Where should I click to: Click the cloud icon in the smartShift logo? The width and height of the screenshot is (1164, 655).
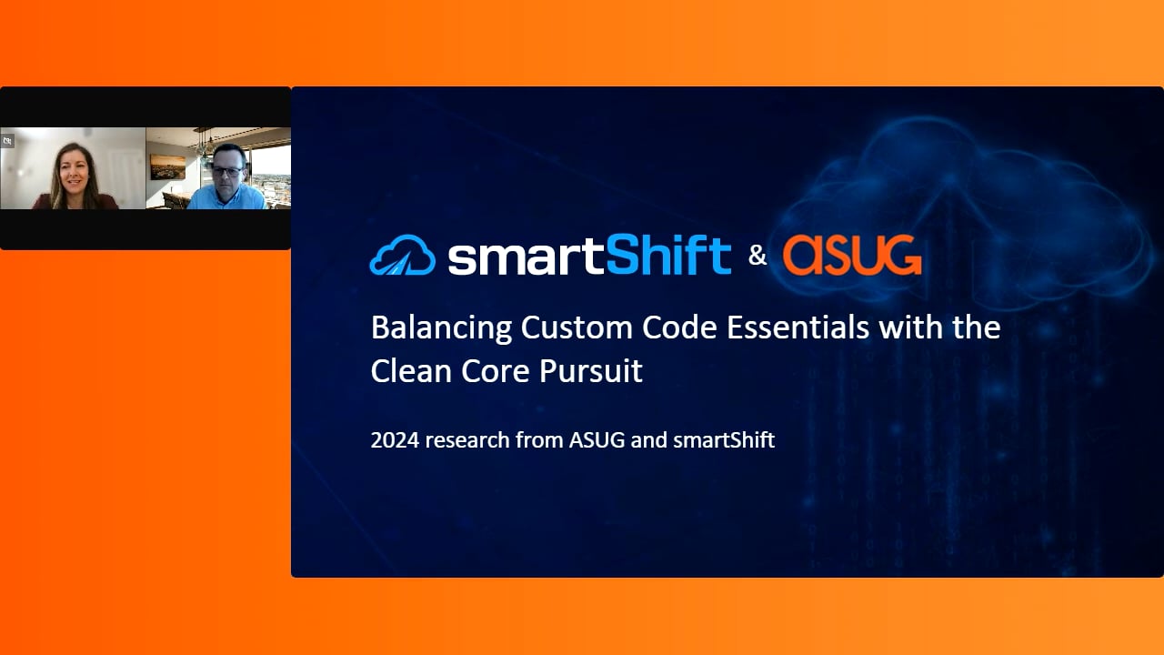point(402,255)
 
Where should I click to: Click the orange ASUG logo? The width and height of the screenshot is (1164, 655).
point(852,255)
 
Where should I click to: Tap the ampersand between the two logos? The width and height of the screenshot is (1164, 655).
point(758,256)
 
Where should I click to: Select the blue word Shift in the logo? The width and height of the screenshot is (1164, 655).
point(668,255)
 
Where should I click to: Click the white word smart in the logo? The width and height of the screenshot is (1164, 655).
point(527,257)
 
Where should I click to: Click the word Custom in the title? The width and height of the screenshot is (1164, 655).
point(577,327)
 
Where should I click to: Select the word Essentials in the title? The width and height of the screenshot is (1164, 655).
point(798,327)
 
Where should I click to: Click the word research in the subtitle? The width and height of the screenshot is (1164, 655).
point(467,440)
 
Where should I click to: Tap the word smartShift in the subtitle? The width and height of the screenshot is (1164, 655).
point(724,440)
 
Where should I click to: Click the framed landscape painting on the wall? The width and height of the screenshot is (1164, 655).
point(167,166)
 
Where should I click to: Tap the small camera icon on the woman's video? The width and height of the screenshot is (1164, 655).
point(7,140)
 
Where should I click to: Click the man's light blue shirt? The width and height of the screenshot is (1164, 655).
point(227,198)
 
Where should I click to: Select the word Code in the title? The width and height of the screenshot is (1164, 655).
point(679,327)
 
